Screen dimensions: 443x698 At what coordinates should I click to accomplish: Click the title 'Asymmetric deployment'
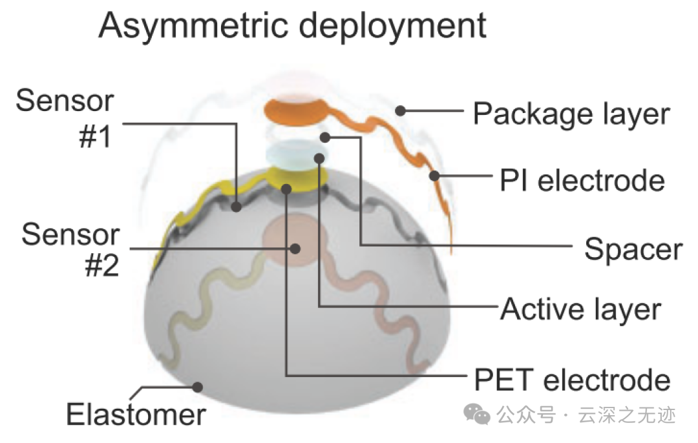click(292, 26)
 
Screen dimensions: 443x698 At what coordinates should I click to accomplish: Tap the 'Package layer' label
click(571, 114)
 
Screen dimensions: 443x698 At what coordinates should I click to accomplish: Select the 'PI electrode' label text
click(582, 180)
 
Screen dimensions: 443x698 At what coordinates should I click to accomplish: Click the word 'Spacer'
click(633, 249)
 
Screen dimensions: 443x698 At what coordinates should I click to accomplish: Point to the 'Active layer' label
click(581, 309)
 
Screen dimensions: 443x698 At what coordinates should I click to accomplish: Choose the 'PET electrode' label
click(572, 379)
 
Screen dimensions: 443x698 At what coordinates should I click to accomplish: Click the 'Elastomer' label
click(136, 414)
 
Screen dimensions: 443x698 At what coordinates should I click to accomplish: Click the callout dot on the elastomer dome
click(198, 387)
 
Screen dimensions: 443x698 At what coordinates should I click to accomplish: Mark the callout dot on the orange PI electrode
click(434, 175)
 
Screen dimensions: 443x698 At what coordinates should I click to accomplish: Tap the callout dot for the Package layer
click(401, 111)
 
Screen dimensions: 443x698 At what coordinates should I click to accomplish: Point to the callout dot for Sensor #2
click(295, 248)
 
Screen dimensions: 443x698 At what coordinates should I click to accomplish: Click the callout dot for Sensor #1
click(237, 207)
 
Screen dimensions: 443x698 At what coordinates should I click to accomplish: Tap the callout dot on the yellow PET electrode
click(286, 187)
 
